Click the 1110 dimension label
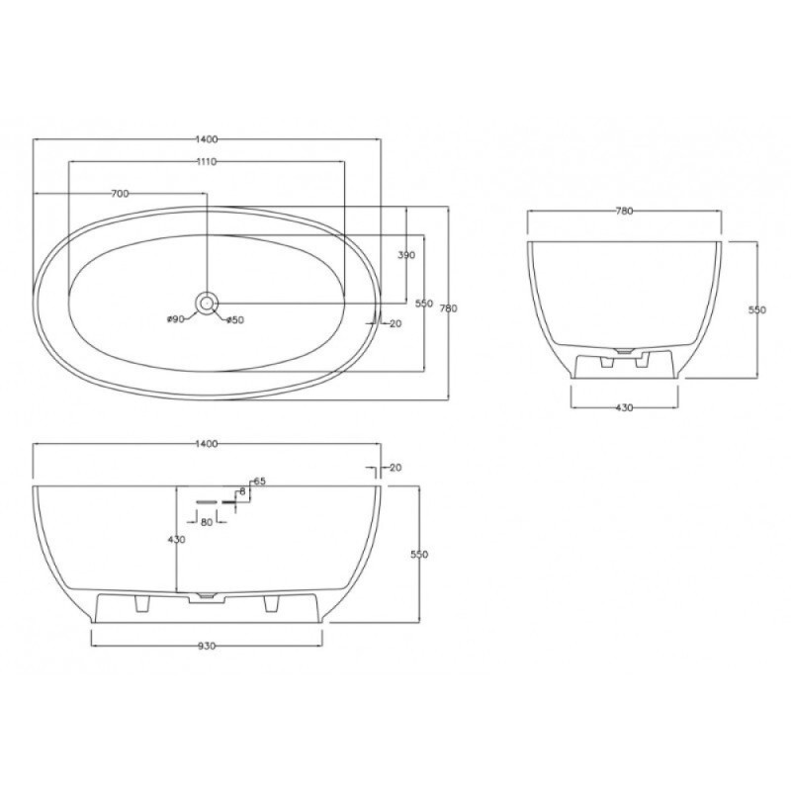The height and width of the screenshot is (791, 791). (x=207, y=161)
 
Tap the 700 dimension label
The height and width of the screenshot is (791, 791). (x=120, y=194)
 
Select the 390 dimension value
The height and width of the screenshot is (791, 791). (x=406, y=255)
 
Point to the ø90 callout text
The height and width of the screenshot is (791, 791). (x=176, y=319)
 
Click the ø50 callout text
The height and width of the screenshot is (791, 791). (x=235, y=319)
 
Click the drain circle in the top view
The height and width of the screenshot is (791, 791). (x=207, y=303)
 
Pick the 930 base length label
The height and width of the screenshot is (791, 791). (x=207, y=647)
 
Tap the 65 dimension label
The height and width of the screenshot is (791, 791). (x=259, y=482)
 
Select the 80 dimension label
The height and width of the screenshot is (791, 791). (x=207, y=523)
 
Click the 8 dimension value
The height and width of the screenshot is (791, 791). (x=242, y=491)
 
